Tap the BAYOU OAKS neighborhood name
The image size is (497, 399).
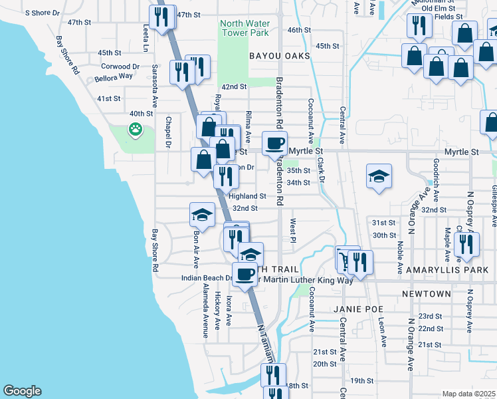(x=280, y=56)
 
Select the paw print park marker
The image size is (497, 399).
(x=136, y=128)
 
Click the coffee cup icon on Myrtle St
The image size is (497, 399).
(x=275, y=142)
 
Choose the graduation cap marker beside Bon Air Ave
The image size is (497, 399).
(x=202, y=215)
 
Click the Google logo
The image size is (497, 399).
(x=22, y=391)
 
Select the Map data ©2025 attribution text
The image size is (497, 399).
(x=468, y=394)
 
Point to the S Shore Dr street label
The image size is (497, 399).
(x=43, y=13)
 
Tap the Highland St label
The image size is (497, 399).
(x=247, y=197)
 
